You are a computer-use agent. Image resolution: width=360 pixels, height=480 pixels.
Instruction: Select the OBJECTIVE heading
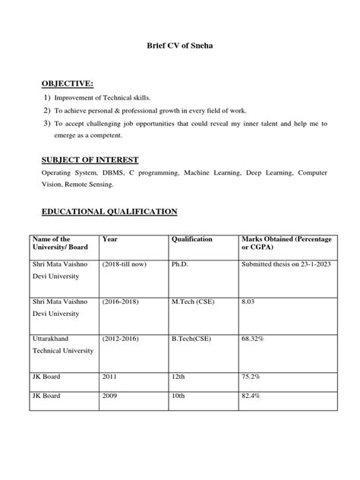click(68, 83)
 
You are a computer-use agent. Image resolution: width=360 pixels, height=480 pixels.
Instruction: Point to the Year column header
click(109, 239)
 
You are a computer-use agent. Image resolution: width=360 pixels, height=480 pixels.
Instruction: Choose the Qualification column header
click(192, 239)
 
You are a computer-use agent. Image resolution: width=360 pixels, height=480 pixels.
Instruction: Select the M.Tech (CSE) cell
click(194, 302)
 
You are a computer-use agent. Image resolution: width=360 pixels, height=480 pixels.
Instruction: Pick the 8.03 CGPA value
click(248, 302)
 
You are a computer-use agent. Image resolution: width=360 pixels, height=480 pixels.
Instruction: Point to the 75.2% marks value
click(250, 375)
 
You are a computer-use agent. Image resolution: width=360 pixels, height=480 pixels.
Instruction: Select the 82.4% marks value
click(250, 396)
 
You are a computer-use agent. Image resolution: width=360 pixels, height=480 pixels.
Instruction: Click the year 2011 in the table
click(109, 375)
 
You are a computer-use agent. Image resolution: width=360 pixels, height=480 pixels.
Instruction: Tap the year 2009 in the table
click(109, 396)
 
